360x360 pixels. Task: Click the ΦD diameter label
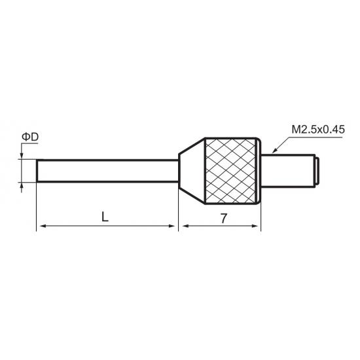[x=30, y=137]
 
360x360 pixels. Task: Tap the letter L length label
[x=105, y=217]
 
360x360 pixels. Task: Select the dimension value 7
[x=224, y=219]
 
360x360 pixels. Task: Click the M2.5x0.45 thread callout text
[x=318, y=130]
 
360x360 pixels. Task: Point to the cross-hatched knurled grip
[x=231, y=171]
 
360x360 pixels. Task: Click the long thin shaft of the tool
[x=107, y=171]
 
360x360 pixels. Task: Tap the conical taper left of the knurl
[x=192, y=171]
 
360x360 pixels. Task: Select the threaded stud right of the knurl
[x=288, y=171]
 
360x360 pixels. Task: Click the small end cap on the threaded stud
[x=317, y=171]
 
